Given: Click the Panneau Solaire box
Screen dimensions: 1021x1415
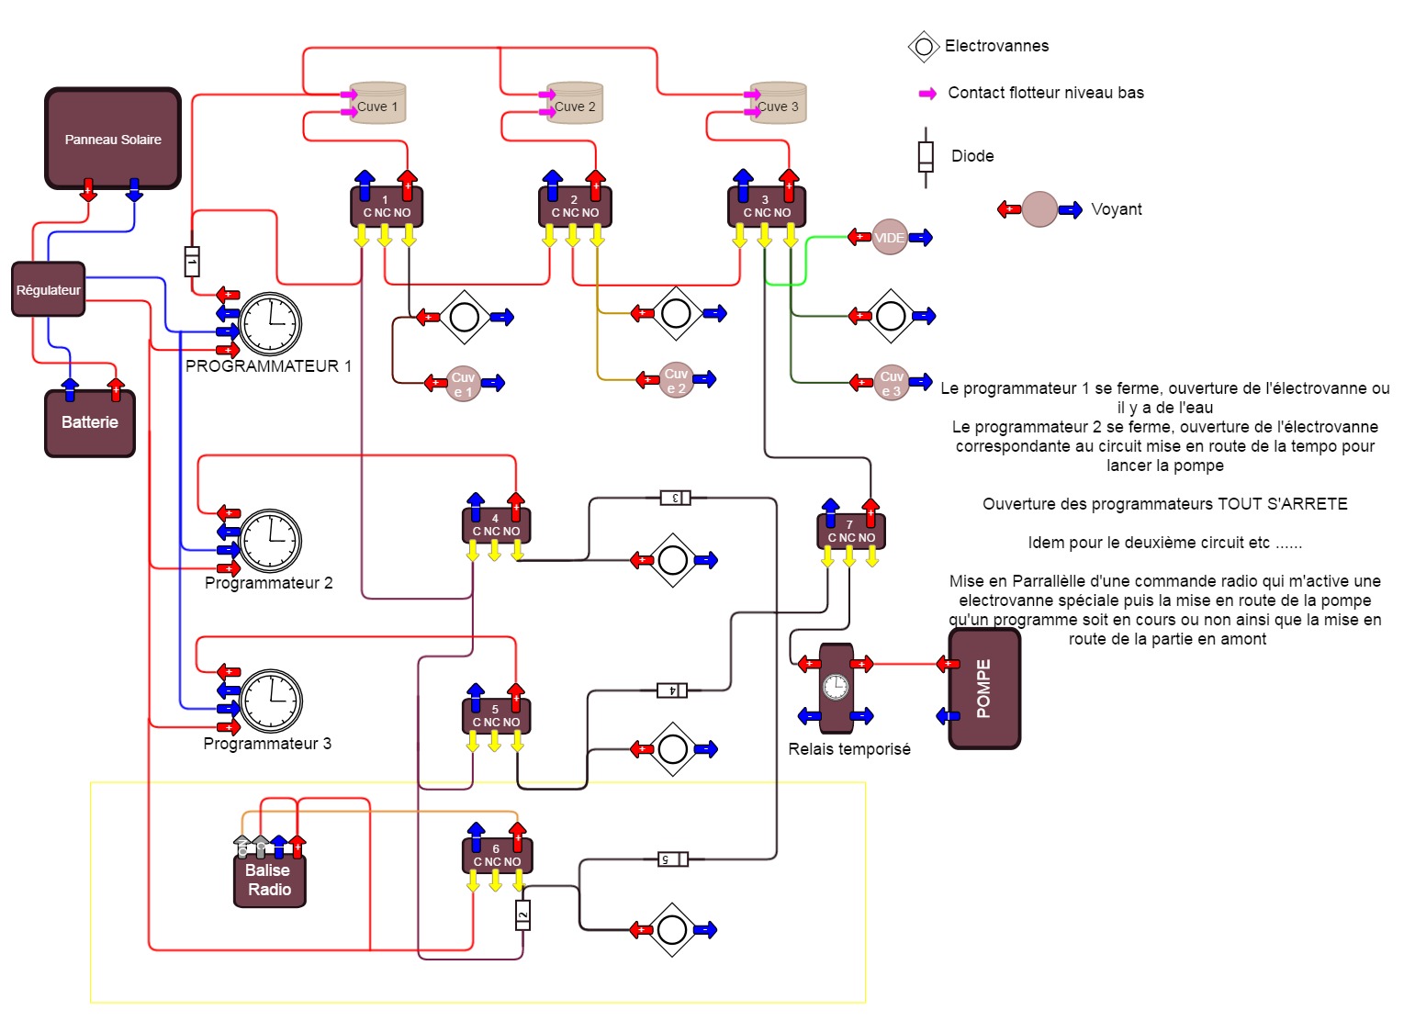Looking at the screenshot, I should click(113, 139).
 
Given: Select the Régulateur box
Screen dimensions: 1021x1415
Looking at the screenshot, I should click(49, 289).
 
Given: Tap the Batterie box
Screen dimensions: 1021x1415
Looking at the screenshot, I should click(90, 423).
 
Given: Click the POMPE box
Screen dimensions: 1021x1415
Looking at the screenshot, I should click(984, 689).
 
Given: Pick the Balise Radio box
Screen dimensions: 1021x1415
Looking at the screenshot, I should click(269, 881).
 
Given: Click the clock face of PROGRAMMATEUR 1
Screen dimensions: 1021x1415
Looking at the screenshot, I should click(271, 324).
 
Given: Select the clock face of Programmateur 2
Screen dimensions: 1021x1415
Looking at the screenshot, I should click(271, 541).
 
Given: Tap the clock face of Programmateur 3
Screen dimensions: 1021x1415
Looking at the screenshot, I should click(272, 701).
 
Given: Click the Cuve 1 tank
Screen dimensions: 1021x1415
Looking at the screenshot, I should click(378, 104).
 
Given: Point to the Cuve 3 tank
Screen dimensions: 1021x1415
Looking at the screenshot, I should click(779, 104).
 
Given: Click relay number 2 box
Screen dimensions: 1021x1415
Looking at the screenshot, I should click(575, 207).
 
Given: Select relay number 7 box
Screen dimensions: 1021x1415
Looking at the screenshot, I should click(851, 532).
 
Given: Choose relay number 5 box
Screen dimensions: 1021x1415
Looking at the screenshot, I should click(496, 716).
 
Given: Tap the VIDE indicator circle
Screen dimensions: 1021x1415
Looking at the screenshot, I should click(889, 237).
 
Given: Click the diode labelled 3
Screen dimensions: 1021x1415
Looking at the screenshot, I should click(675, 498).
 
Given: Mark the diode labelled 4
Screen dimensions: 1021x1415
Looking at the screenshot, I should click(672, 690).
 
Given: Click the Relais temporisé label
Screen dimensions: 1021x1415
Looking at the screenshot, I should click(849, 749).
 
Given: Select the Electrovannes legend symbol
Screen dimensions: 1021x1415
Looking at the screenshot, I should click(924, 47).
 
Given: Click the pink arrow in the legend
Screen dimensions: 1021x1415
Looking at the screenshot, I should click(928, 94).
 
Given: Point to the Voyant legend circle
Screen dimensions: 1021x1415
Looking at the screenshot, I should click(1039, 209).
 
